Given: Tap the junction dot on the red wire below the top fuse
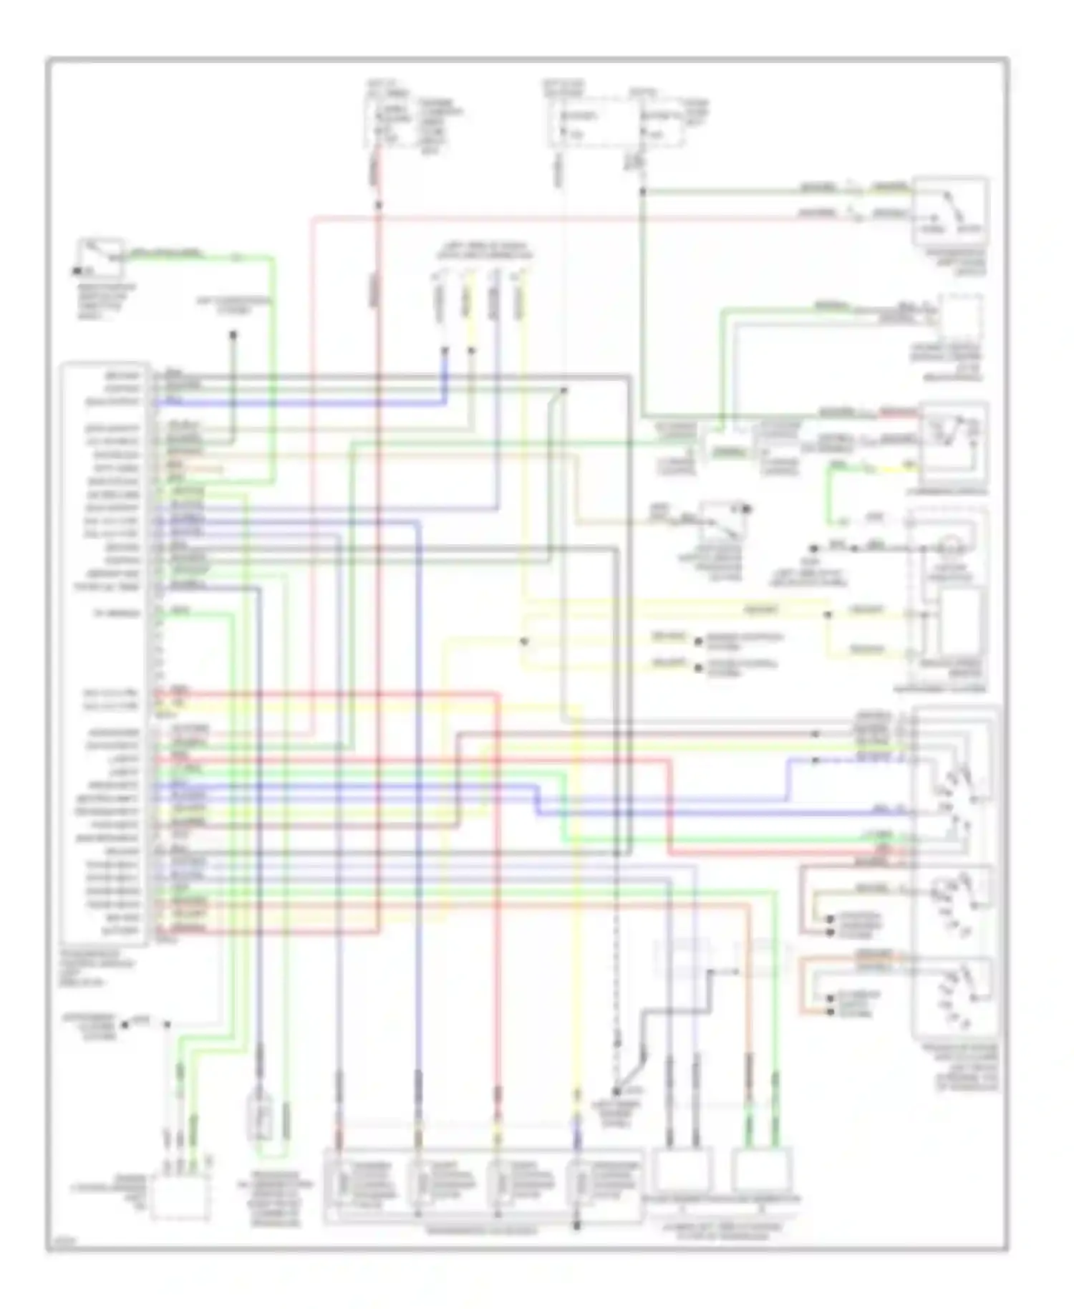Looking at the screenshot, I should pyautogui.click(x=379, y=205).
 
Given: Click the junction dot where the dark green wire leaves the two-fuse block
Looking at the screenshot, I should pyautogui.click(x=642, y=191).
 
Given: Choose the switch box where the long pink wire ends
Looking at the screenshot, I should pyautogui.click(x=950, y=211).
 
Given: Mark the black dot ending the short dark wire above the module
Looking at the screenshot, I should pyautogui.click(x=233, y=334).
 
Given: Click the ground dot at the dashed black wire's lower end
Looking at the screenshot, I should pyautogui.click(x=615, y=1091).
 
